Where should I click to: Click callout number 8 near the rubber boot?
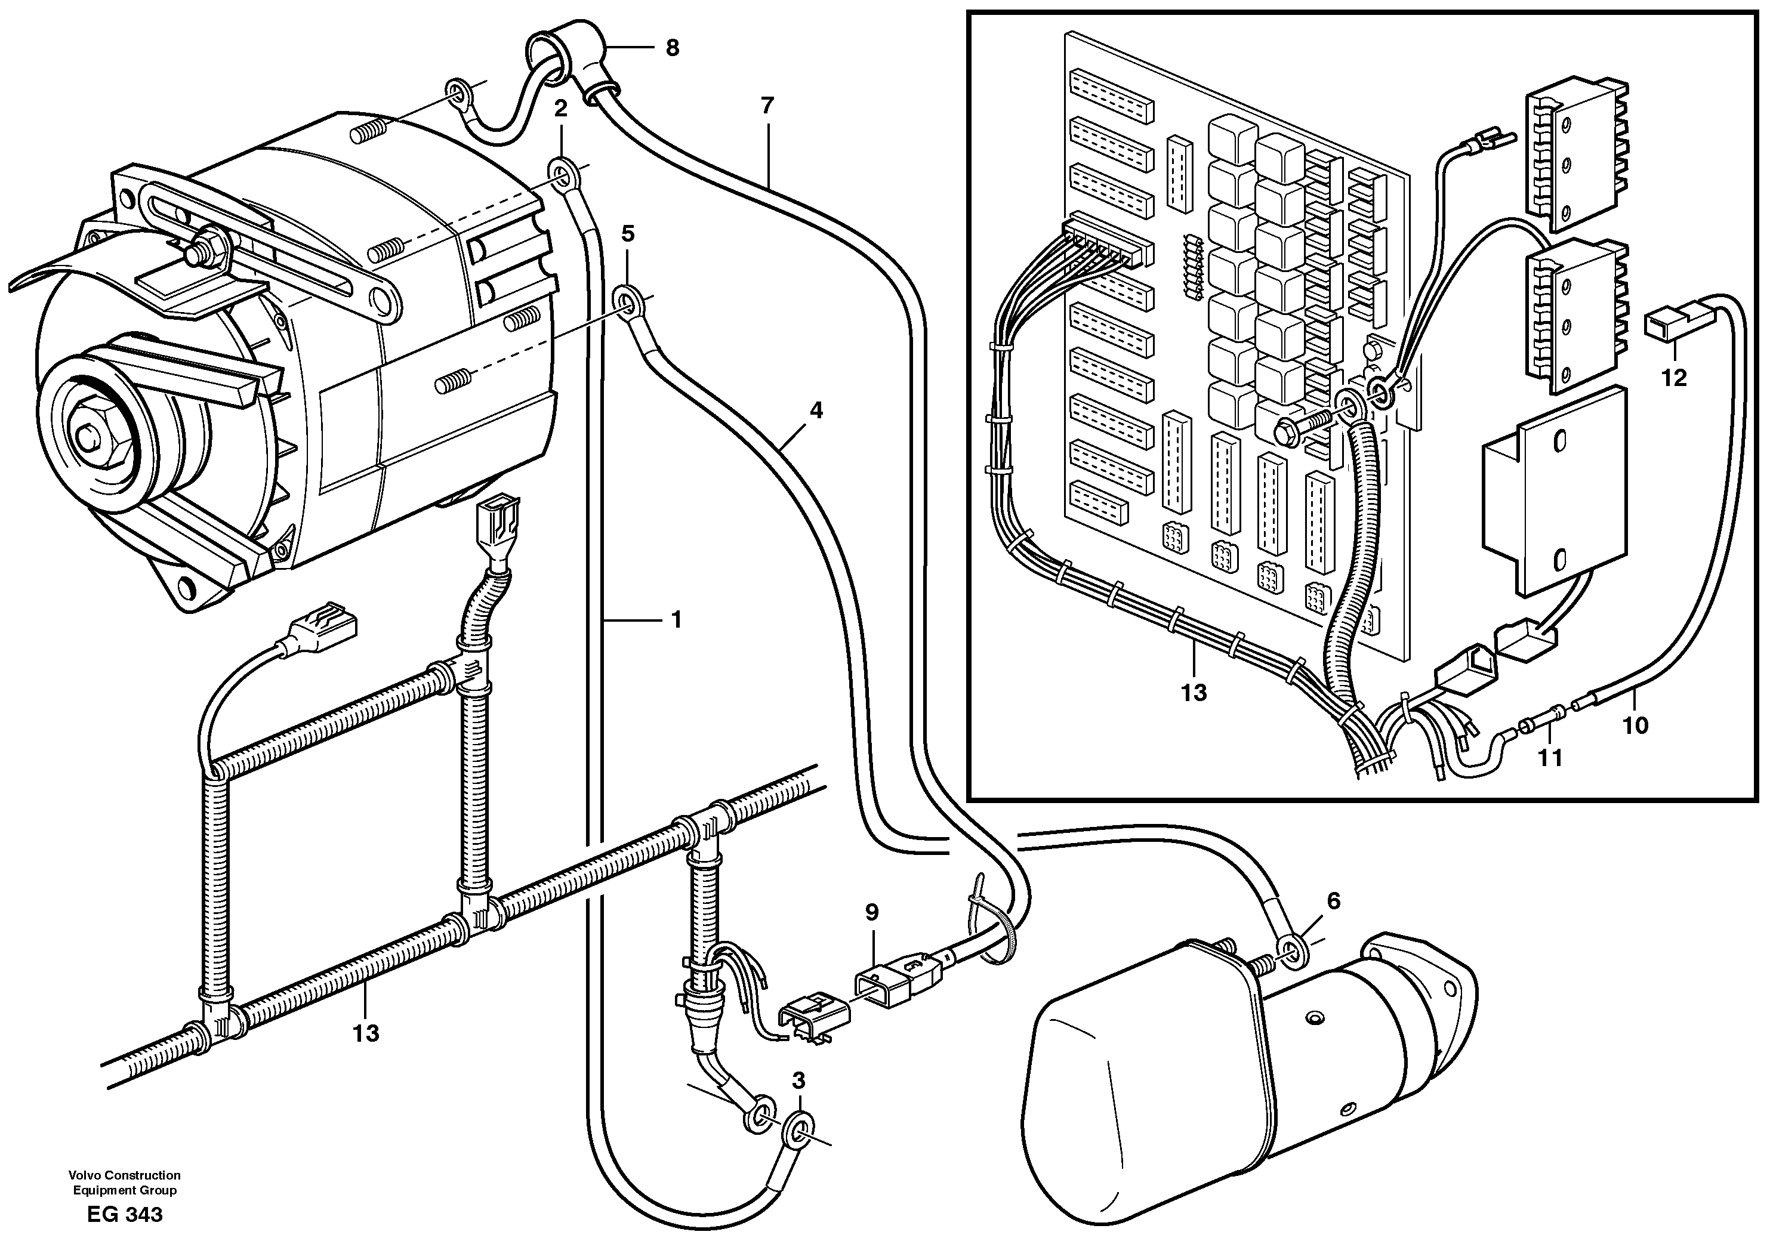point(672,48)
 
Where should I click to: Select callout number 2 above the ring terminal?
point(560,109)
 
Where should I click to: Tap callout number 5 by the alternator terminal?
point(628,233)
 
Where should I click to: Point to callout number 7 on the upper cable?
point(766,106)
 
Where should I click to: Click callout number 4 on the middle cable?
point(816,410)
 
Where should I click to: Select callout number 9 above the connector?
point(871,913)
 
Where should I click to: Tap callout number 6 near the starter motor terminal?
point(1333,900)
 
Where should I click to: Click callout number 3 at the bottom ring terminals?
point(798,1081)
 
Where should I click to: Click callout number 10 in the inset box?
point(1635,726)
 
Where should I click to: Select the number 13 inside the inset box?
point(1194,693)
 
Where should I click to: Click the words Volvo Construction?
point(124,1175)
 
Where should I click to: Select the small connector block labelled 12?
point(1665,325)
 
